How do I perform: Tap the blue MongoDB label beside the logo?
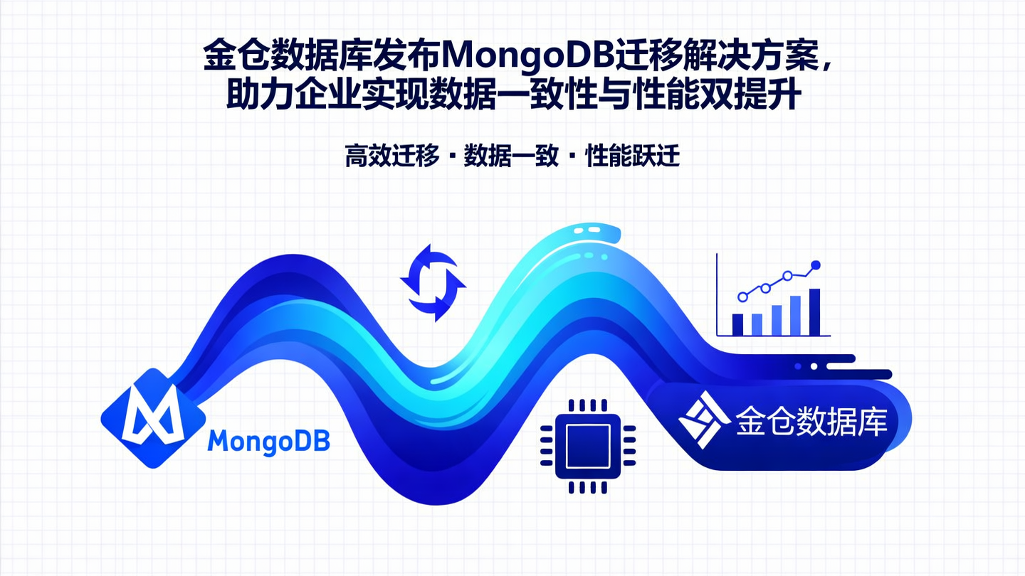(268, 442)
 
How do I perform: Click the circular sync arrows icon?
(433, 282)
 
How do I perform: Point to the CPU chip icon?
(587, 447)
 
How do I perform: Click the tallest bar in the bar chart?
(814, 312)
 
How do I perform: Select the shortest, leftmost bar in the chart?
(737, 324)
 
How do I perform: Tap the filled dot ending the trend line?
(816, 265)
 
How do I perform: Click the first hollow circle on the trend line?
(743, 297)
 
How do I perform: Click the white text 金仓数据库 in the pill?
(811, 421)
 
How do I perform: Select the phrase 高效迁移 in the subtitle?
(391, 156)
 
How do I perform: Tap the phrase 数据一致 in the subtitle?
(510, 156)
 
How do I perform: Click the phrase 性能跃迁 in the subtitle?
(632, 156)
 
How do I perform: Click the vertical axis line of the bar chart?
(717, 295)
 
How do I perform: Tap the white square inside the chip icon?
(587, 447)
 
